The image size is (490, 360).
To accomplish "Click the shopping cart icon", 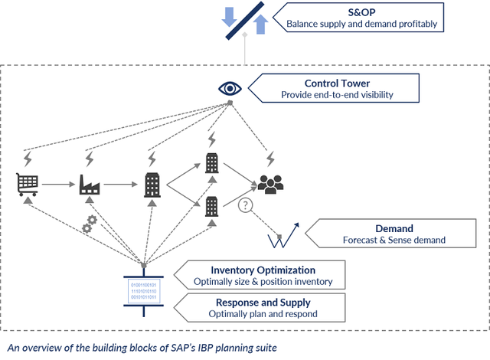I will (28, 185).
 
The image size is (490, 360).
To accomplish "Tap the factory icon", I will (90, 185).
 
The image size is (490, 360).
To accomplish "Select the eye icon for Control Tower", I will (230, 89).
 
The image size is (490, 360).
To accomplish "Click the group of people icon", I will (270, 183).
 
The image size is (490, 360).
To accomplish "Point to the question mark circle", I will (245, 205).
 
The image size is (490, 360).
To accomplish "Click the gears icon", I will (90, 224).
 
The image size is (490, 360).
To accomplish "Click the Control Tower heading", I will (338, 83).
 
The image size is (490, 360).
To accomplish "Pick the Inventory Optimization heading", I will (263, 270).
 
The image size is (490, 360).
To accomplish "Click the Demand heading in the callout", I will (394, 228).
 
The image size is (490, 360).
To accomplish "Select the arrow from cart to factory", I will (58, 185).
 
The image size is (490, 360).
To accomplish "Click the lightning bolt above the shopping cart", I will (28, 159).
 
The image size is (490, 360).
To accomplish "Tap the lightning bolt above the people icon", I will (270, 159).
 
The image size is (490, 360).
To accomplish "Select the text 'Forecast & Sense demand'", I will (394, 241).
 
